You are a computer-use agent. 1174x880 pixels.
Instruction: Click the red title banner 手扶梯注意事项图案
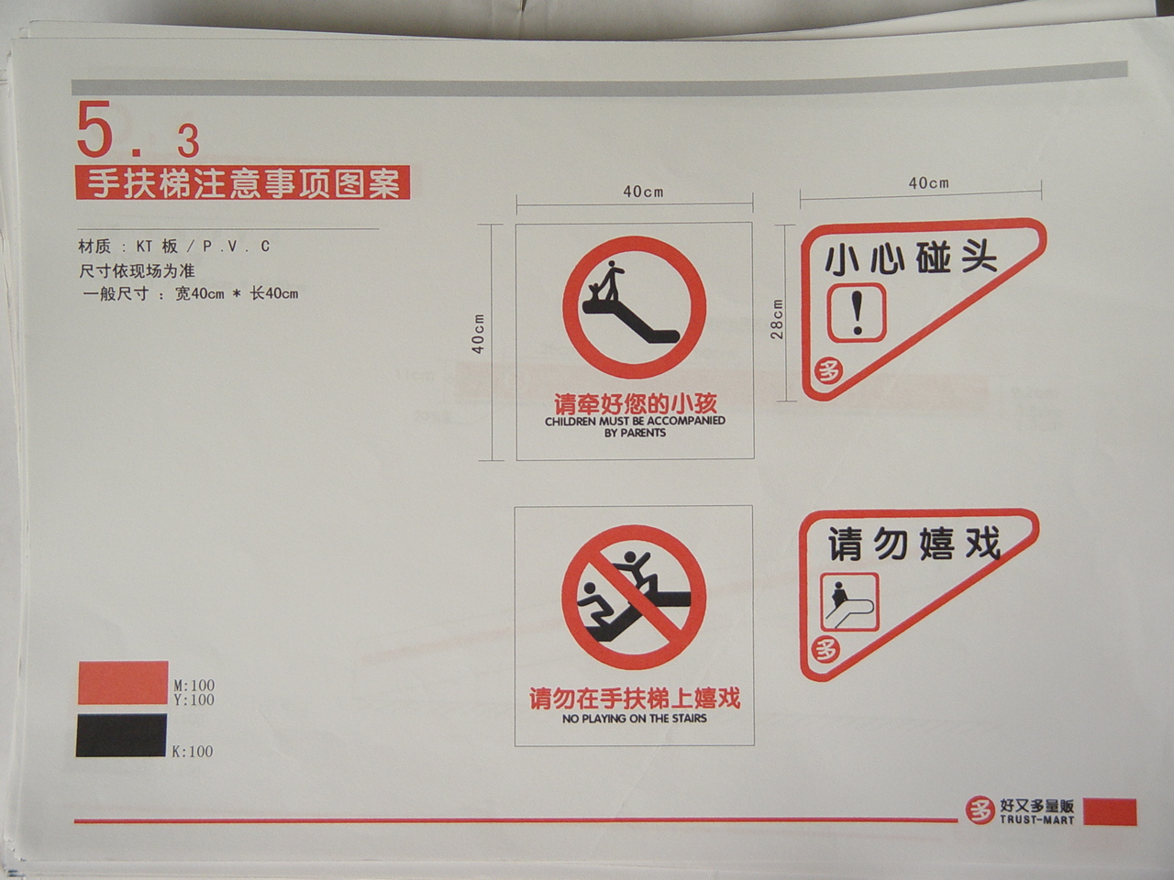pyautogui.click(x=243, y=182)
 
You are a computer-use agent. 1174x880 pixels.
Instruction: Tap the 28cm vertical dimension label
pyautogui.click(x=777, y=319)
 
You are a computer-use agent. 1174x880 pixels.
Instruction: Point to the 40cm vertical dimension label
pyautogui.click(x=478, y=334)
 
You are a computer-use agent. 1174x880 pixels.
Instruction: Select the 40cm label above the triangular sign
pyautogui.click(x=928, y=183)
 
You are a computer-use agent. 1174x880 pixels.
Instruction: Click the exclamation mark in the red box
pyautogui.click(x=858, y=313)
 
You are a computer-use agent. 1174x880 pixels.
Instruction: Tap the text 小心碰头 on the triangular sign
pyautogui.click(x=911, y=259)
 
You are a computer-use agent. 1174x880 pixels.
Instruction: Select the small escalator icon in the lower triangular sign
pyautogui.click(x=850, y=601)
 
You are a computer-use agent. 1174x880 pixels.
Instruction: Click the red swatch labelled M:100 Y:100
pyautogui.click(x=123, y=683)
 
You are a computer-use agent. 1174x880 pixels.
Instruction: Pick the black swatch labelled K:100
pyautogui.click(x=121, y=735)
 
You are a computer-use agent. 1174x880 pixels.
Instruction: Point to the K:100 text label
pyautogui.click(x=192, y=752)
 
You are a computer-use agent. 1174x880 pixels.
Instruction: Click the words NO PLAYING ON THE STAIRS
pyautogui.click(x=635, y=719)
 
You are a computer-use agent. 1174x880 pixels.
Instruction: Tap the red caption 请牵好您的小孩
pyautogui.click(x=635, y=404)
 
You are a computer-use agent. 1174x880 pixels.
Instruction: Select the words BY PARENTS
pyautogui.click(x=635, y=433)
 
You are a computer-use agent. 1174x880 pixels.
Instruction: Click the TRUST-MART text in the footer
pyautogui.click(x=1036, y=819)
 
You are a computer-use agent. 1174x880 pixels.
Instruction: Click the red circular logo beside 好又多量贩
pyautogui.click(x=980, y=810)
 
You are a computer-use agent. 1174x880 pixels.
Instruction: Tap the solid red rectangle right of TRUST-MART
pyautogui.click(x=1110, y=812)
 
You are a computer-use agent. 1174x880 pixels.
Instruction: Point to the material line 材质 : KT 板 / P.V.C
pyautogui.click(x=174, y=246)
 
